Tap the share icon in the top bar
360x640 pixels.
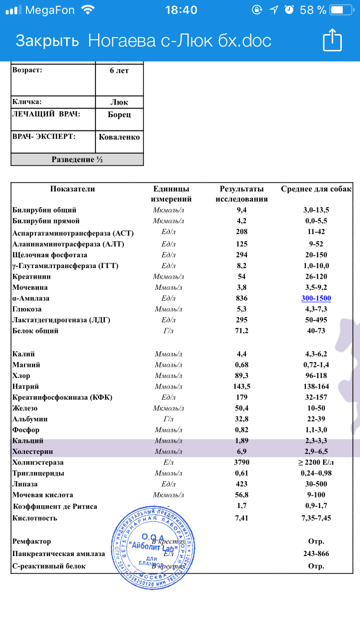(332, 40)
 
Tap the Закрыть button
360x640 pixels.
(47, 41)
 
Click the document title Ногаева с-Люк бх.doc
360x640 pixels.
(180, 41)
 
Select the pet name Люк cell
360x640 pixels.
(120, 102)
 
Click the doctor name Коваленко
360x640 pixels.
(120, 137)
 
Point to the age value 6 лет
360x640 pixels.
(120, 71)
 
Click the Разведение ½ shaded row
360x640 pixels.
(77, 160)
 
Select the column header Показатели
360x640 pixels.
(72, 189)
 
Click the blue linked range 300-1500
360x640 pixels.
(316, 298)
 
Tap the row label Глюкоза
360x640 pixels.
(27, 309)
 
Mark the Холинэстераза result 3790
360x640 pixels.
(242, 463)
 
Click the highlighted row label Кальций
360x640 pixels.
(28, 441)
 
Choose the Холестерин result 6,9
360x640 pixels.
(242, 452)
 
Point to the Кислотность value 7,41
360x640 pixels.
(242, 518)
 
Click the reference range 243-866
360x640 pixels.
(316, 554)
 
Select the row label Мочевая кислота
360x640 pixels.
(43, 495)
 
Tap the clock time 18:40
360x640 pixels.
(180, 10)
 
